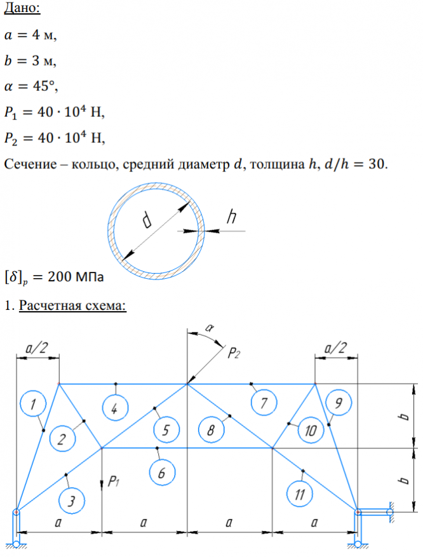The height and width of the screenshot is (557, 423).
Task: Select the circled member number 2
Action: point(62,439)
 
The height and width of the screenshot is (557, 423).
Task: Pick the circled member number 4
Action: point(114,408)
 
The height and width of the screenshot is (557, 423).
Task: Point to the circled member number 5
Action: point(165,430)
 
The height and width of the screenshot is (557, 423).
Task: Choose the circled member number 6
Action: point(162,471)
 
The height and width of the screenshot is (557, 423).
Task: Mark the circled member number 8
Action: point(210,430)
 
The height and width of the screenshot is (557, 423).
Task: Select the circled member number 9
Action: point(337,403)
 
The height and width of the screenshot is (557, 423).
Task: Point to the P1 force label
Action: point(114,482)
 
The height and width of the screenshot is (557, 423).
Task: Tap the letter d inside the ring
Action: point(148,220)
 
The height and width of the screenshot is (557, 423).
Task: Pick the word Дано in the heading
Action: point(21,10)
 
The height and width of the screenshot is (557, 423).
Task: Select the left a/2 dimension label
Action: point(37,348)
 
